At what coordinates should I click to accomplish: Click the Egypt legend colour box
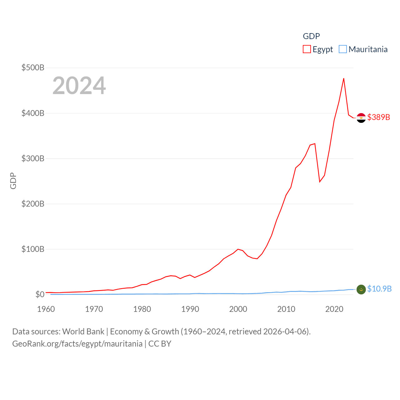tap(307, 49)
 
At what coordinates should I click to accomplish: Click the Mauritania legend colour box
tap(343, 49)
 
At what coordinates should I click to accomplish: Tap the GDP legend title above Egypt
tap(311, 36)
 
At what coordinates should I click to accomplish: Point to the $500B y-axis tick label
tap(33, 67)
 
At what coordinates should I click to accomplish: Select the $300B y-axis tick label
tap(33, 158)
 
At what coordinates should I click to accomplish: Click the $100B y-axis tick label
tap(33, 249)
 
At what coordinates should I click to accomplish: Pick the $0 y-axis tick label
tap(40, 294)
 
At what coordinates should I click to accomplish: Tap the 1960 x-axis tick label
tap(46, 309)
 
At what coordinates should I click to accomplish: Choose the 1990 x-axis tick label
tap(190, 309)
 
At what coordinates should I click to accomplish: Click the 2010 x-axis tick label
tap(286, 309)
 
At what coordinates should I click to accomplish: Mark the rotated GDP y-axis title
tap(13, 181)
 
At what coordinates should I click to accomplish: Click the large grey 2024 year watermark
tap(79, 86)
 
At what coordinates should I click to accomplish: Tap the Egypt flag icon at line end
tap(361, 118)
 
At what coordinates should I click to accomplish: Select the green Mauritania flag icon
tap(361, 290)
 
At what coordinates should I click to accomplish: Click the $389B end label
tap(379, 117)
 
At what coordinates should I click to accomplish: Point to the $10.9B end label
tap(379, 289)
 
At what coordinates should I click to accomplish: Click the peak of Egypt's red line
tap(344, 78)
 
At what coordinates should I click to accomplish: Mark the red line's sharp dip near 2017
tap(320, 182)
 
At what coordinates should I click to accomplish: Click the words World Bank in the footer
tap(83, 331)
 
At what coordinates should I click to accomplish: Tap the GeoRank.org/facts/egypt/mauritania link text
tap(77, 344)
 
